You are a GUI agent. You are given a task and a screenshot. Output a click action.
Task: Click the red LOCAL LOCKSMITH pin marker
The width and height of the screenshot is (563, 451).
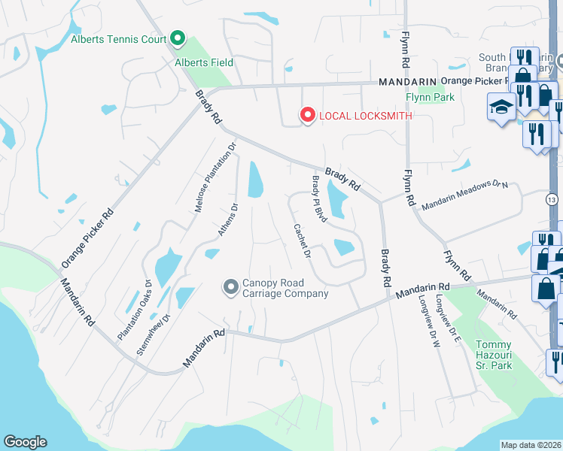click(x=307, y=114)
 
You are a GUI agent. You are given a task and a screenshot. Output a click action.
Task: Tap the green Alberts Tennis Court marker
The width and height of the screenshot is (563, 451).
click(x=178, y=37)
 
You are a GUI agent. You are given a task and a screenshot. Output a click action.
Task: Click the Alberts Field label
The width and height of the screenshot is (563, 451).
click(x=204, y=62)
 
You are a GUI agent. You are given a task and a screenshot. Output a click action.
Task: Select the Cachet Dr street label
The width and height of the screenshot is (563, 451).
click(x=303, y=241)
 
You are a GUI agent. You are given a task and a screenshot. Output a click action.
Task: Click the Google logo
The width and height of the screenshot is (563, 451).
click(x=25, y=442)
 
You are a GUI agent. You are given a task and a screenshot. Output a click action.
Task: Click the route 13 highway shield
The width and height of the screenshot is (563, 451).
click(x=552, y=200)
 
